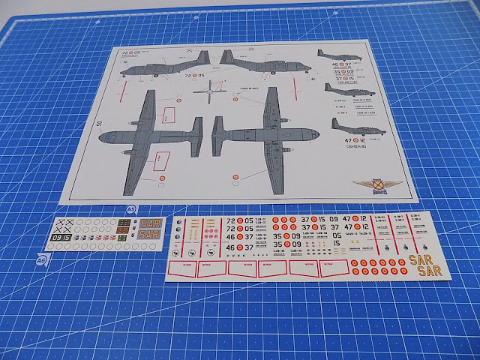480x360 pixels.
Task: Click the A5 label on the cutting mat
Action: pos(130,209)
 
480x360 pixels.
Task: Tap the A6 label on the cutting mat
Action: pos(41,259)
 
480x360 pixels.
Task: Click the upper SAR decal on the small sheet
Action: pos(149,224)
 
